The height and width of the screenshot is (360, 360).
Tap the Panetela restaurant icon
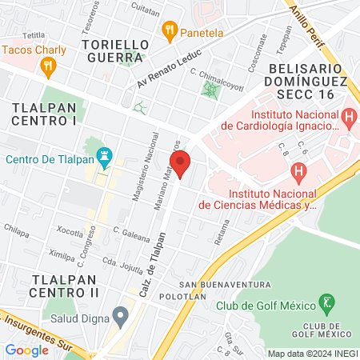point(169,32)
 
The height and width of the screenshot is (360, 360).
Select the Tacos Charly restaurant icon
point(48,67)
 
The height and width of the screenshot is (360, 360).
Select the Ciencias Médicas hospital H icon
point(298,170)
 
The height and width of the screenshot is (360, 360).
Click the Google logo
point(26,350)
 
